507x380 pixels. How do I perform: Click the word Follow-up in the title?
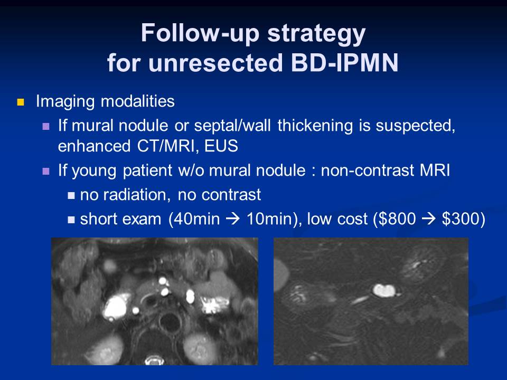point(200,34)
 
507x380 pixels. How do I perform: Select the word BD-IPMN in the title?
point(345,62)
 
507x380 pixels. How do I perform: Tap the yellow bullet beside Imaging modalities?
point(21,102)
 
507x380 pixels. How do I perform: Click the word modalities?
point(138,101)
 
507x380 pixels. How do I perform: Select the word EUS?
point(221,146)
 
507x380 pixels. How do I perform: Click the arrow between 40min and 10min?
point(233,219)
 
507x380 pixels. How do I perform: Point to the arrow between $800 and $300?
point(429,219)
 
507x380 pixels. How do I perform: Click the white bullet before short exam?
point(71,220)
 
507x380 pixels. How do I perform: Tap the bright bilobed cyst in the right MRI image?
point(384,290)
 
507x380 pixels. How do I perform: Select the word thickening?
point(315,126)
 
